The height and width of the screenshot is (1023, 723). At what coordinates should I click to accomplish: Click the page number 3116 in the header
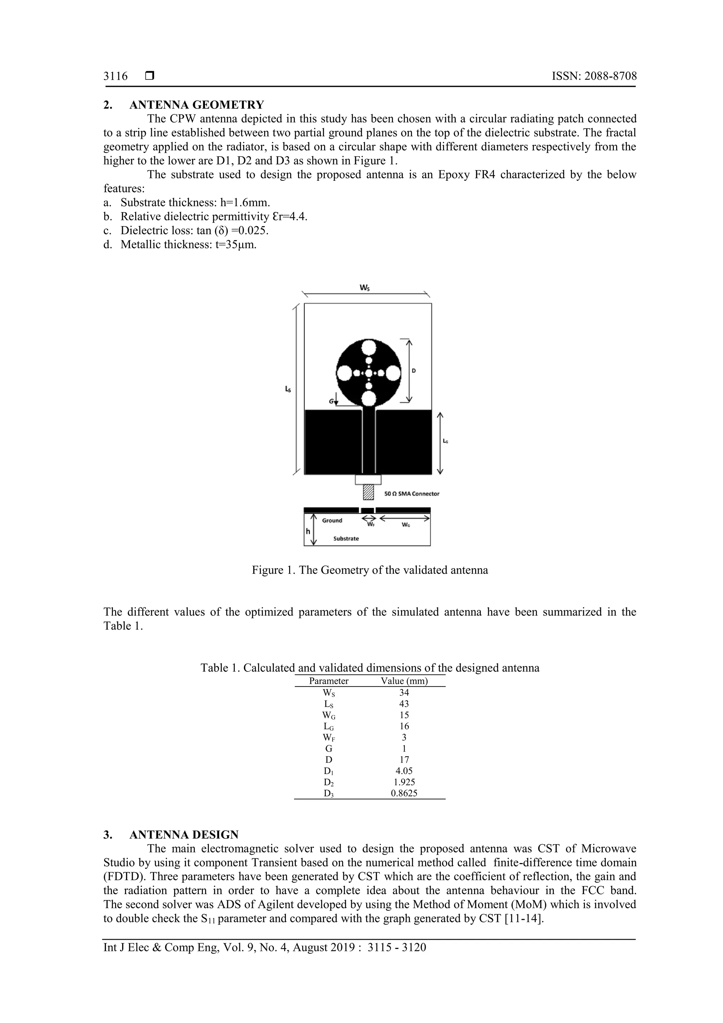pyautogui.click(x=115, y=76)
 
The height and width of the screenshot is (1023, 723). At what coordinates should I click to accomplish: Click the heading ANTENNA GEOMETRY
pyautogui.click(x=196, y=105)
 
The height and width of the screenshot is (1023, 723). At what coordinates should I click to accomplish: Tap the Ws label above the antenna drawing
pyautogui.click(x=364, y=288)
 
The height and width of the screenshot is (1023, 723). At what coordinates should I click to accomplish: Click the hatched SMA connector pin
pyautogui.click(x=368, y=492)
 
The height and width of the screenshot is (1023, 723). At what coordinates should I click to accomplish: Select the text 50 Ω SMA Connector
pyautogui.click(x=412, y=494)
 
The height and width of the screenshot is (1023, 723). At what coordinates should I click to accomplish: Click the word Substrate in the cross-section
pyautogui.click(x=346, y=539)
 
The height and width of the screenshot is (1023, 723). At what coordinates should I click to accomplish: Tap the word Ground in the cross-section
pyautogui.click(x=332, y=521)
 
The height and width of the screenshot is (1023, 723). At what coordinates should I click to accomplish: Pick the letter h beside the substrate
pyautogui.click(x=308, y=531)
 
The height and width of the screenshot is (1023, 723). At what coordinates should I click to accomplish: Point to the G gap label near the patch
pyautogui.click(x=331, y=401)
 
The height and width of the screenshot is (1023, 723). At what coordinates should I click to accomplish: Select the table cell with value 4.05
pyautogui.click(x=404, y=771)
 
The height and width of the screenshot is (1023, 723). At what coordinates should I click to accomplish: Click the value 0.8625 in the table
pyautogui.click(x=404, y=793)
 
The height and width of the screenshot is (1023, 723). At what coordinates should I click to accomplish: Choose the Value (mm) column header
pyautogui.click(x=404, y=681)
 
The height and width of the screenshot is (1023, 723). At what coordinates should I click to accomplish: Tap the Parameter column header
pyautogui.click(x=329, y=681)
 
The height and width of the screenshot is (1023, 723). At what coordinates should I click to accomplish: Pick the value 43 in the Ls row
pyautogui.click(x=404, y=703)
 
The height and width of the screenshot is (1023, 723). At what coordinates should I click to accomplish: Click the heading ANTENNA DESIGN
pyautogui.click(x=184, y=834)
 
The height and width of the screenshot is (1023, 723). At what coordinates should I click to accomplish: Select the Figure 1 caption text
pyautogui.click(x=370, y=570)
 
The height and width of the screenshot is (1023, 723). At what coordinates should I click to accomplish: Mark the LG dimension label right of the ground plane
pyautogui.click(x=445, y=441)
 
